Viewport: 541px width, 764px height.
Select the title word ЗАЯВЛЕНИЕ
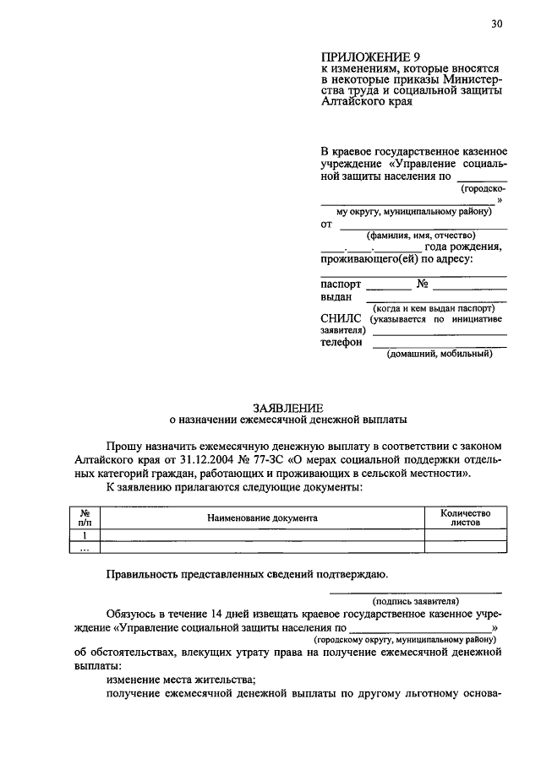(x=287, y=406)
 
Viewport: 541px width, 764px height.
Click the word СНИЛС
(x=341, y=318)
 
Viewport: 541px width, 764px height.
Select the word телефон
(x=342, y=343)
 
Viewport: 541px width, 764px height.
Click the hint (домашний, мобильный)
(x=440, y=355)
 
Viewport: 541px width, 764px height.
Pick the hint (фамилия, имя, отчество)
(x=415, y=236)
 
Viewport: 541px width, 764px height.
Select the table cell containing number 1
(x=85, y=535)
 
